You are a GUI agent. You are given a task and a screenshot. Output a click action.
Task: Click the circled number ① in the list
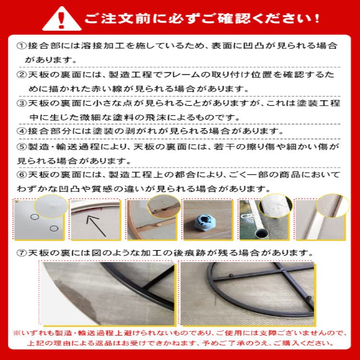click(21, 46)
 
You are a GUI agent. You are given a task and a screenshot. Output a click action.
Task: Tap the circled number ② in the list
click(21, 75)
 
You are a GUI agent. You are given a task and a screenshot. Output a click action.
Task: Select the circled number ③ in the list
click(21, 103)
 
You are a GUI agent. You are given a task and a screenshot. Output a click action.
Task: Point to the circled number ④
click(21, 131)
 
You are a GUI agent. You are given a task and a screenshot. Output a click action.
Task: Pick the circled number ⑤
click(21, 146)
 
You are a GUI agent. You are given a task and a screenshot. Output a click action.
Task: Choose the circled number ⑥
click(21, 174)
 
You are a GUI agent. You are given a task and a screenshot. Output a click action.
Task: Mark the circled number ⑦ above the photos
click(21, 252)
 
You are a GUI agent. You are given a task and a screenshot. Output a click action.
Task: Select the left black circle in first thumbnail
click(35, 217)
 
